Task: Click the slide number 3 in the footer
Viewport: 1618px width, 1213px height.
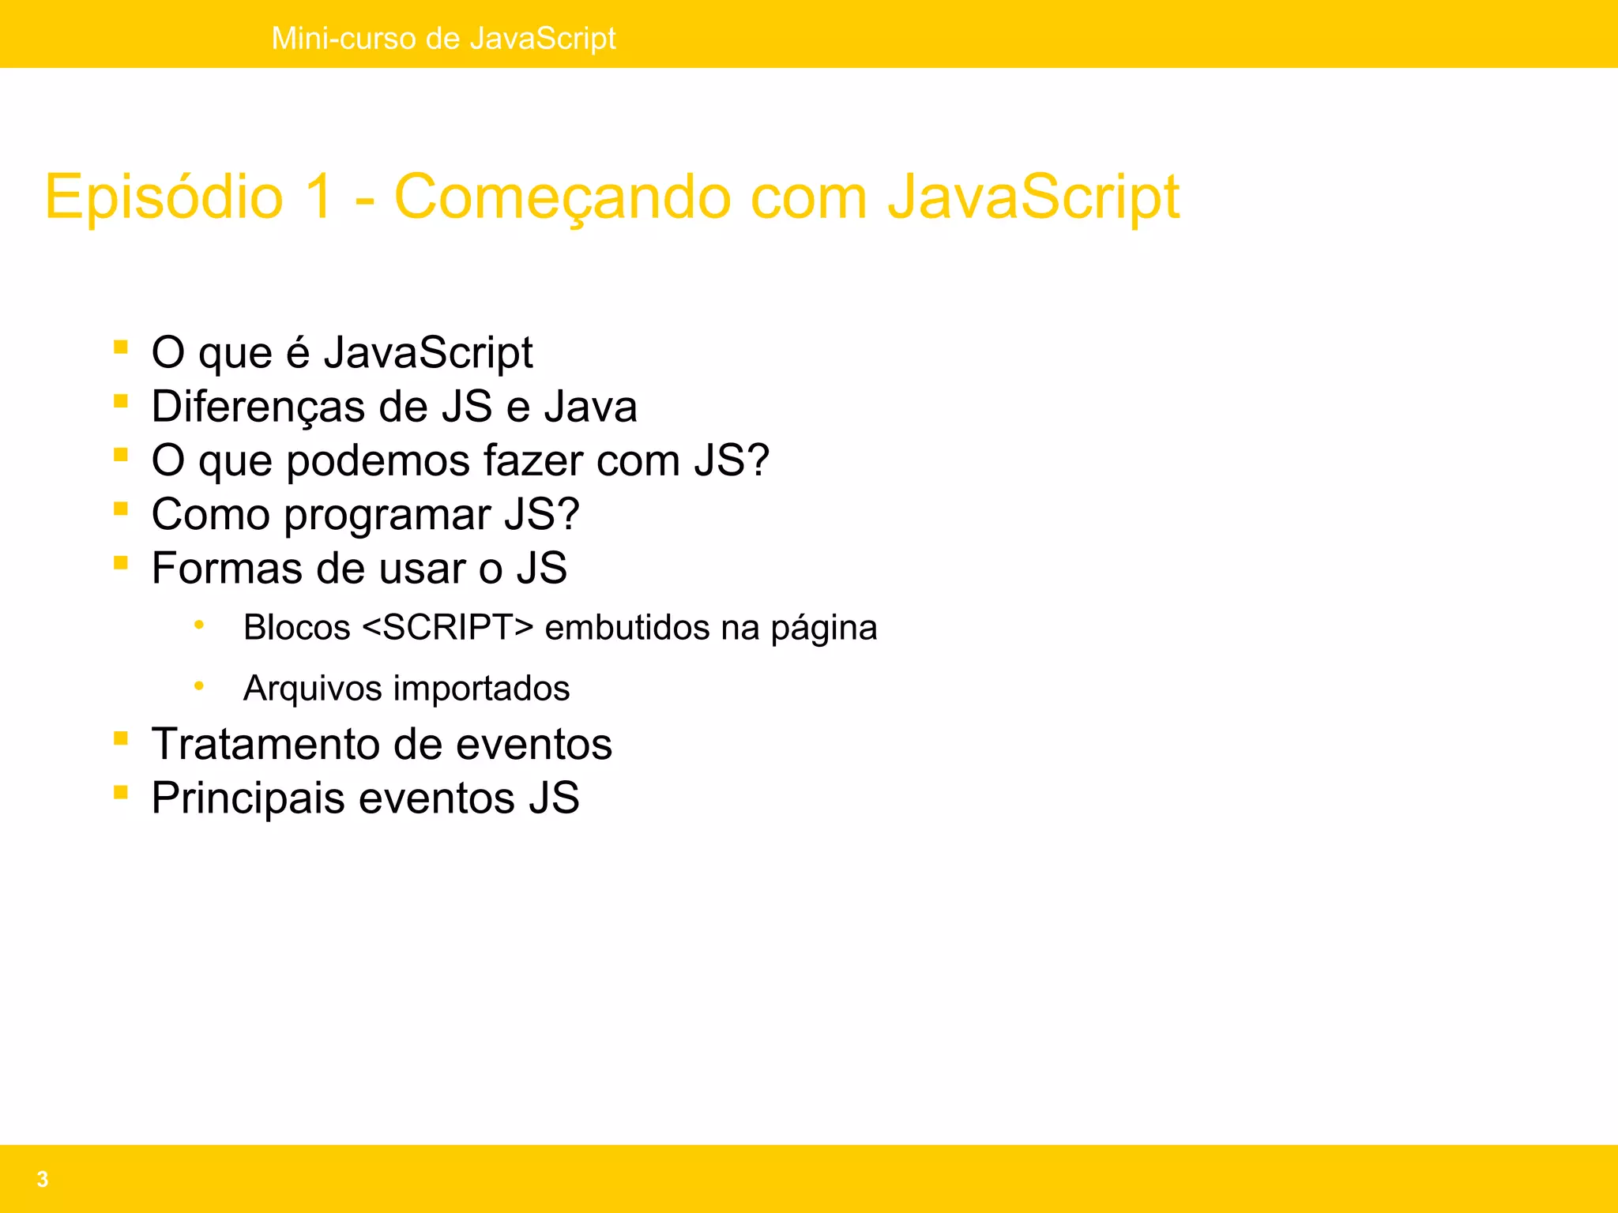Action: coord(43,1179)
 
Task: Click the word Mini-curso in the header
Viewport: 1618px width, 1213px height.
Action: coord(344,38)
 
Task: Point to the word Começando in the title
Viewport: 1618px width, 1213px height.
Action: coord(562,197)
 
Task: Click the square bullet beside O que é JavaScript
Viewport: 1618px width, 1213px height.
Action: coord(121,347)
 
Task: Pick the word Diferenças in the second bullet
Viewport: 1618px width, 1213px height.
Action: coord(258,407)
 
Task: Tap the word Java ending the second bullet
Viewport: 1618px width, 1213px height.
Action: coord(590,407)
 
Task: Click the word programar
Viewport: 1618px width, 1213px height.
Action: coord(387,516)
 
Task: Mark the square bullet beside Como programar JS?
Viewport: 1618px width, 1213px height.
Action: coord(121,509)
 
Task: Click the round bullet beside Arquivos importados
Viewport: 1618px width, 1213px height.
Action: coord(199,686)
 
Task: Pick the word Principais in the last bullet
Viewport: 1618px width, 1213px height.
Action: coord(248,798)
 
